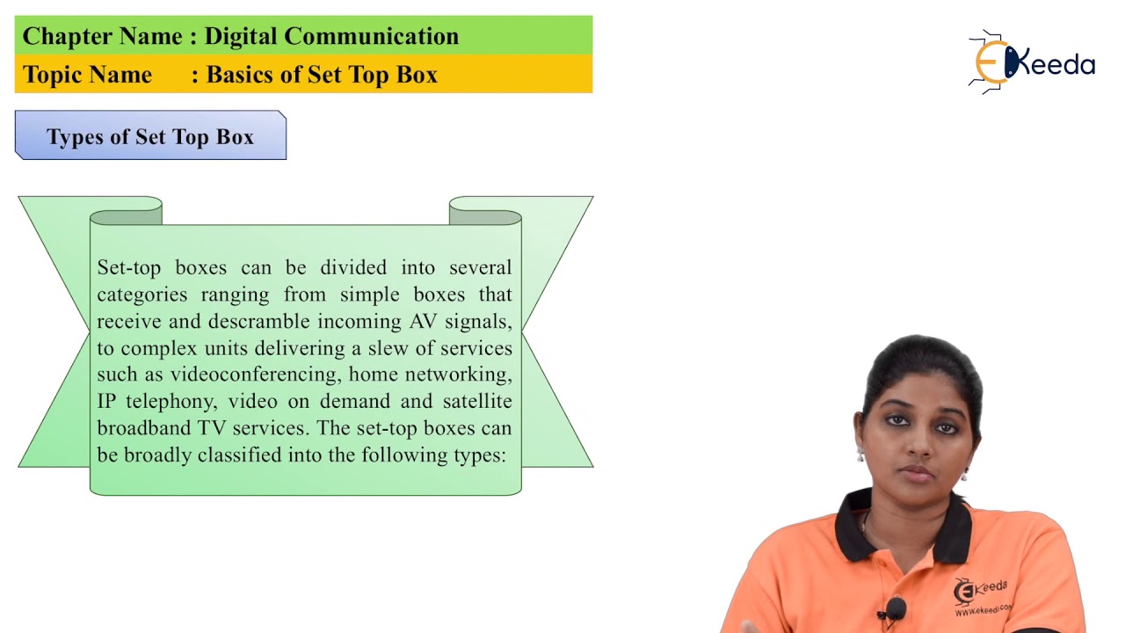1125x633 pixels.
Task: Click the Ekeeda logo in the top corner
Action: (x=1032, y=62)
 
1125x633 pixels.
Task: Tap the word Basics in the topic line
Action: (x=238, y=75)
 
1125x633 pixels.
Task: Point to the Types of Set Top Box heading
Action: (x=150, y=136)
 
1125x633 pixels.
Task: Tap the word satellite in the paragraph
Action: (x=475, y=402)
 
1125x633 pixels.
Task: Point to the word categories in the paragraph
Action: (x=142, y=295)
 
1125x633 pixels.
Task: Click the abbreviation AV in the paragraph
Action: (x=424, y=321)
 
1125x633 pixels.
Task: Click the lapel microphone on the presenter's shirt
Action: (x=896, y=608)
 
